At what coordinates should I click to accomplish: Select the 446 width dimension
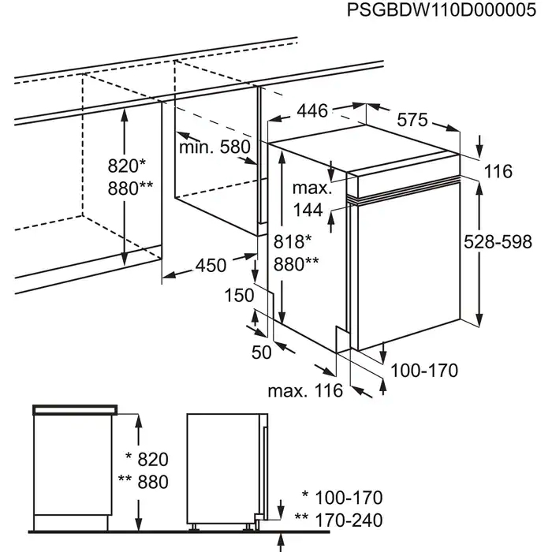pos(312,111)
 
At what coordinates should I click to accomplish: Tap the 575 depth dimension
pos(412,120)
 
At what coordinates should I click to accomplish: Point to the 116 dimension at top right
pos(498,171)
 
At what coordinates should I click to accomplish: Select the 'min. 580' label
pos(214,147)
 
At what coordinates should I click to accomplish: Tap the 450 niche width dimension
pos(211,265)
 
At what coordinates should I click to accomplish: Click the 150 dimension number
pos(239,295)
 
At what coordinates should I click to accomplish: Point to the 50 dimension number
pos(261,352)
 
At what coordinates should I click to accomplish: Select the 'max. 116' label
pos(304,390)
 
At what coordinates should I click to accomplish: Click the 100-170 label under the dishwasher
pos(424,369)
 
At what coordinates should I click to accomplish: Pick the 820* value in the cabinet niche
pos(128,166)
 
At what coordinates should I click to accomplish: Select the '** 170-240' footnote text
pos(338,520)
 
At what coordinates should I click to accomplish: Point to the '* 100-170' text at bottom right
pos(342,498)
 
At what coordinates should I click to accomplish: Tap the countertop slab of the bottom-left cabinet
pos(76,409)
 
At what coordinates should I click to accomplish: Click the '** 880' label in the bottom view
pos(143,483)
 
